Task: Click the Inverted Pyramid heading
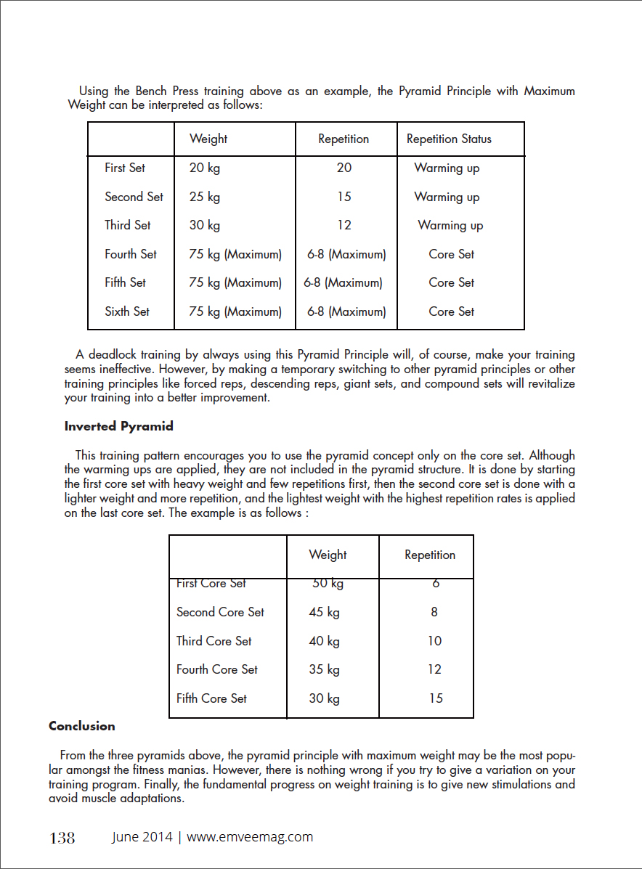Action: click(x=119, y=426)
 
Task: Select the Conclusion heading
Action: click(x=82, y=726)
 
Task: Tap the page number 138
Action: click(x=62, y=838)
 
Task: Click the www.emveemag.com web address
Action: click(x=250, y=836)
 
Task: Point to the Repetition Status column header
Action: click(x=449, y=139)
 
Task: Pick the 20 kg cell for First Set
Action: click(x=205, y=168)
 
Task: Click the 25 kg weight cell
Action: click(x=205, y=197)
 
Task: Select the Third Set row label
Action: click(x=128, y=225)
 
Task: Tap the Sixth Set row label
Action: click(x=127, y=311)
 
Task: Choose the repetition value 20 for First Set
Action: click(x=344, y=168)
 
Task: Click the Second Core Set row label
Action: click(x=220, y=612)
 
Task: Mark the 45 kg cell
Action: click(x=324, y=612)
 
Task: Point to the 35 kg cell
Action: click(x=324, y=669)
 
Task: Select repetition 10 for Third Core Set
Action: click(x=434, y=641)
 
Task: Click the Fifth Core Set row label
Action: click(x=211, y=698)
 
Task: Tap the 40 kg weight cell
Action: click(x=324, y=641)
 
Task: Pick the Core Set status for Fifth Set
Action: click(x=451, y=282)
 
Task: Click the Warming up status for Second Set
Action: click(x=447, y=197)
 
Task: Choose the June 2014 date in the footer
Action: click(x=142, y=836)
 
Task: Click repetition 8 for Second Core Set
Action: click(x=434, y=612)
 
